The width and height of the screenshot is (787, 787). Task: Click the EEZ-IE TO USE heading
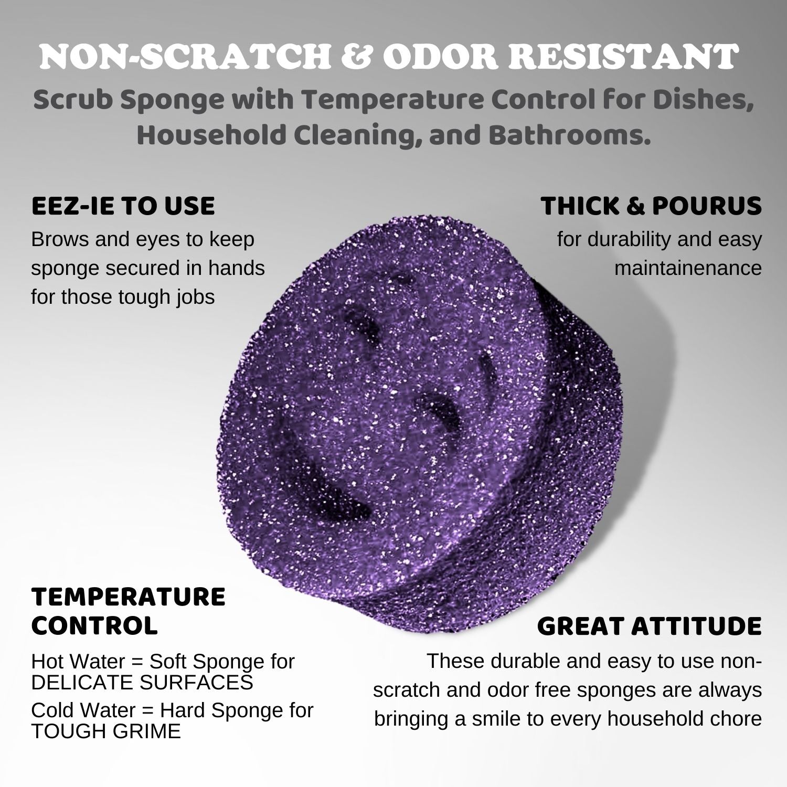tap(123, 206)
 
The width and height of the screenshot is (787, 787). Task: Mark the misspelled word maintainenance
tap(688, 268)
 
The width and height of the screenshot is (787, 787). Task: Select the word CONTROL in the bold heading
tap(94, 625)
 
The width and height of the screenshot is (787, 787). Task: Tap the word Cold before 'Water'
tap(50, 710)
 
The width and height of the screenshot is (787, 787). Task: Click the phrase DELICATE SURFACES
tap(142, 682)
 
